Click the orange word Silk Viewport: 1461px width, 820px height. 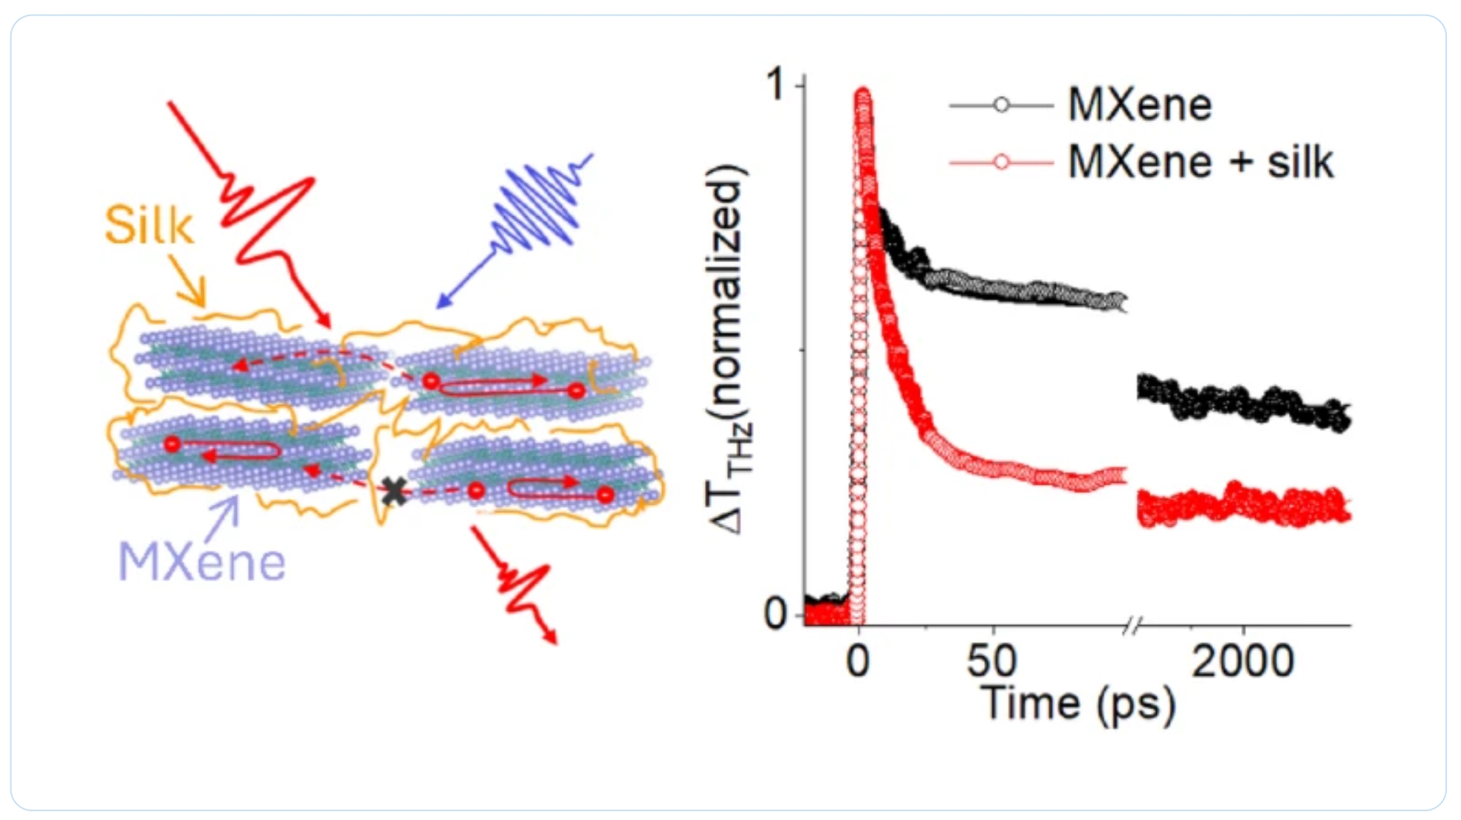click(148, 225)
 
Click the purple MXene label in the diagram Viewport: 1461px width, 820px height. click(202, 562)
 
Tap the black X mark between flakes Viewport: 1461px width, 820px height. click(394, 491)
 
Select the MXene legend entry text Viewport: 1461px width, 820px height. click(1139, 105)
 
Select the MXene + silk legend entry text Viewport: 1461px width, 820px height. click(1200, 162)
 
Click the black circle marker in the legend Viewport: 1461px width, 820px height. click(1001, 105)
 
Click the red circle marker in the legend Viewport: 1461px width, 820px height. click(1001, 162)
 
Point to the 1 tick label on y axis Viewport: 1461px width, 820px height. click(776, 85)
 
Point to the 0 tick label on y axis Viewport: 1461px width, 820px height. click(776, 613)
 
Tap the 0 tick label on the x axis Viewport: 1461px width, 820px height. click(858, 661)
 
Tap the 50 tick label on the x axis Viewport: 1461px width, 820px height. click(991, 661)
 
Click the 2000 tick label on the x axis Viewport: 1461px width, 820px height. click(1242, 661)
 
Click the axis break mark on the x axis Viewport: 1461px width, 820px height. click(1132, 627)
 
